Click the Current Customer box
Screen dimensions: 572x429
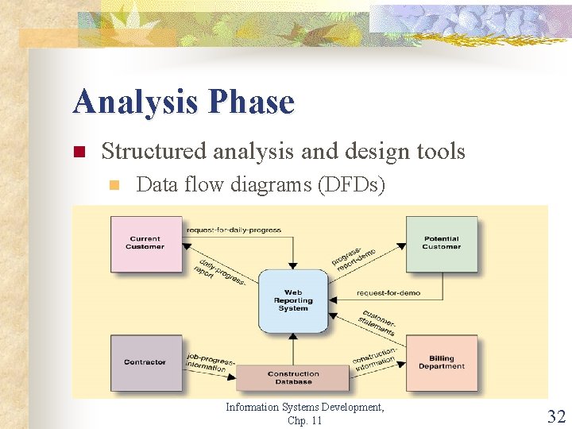point(145,242)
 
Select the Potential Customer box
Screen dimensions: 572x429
point(442,242)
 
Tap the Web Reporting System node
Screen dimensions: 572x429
point(293,301)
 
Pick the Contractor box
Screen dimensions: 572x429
point(145,362)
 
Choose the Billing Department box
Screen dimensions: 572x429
point(442,362)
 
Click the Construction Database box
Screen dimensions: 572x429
point(293,377)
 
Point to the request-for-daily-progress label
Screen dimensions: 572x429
point(234,230)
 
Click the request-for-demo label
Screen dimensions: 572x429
point(388,292)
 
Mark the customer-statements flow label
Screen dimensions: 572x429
point(378,322)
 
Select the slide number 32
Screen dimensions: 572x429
point(556,415)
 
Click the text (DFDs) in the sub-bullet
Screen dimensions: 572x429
point(351,185)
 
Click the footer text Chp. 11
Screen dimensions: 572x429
point(305,420)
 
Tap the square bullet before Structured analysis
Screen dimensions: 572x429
point(79,152)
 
